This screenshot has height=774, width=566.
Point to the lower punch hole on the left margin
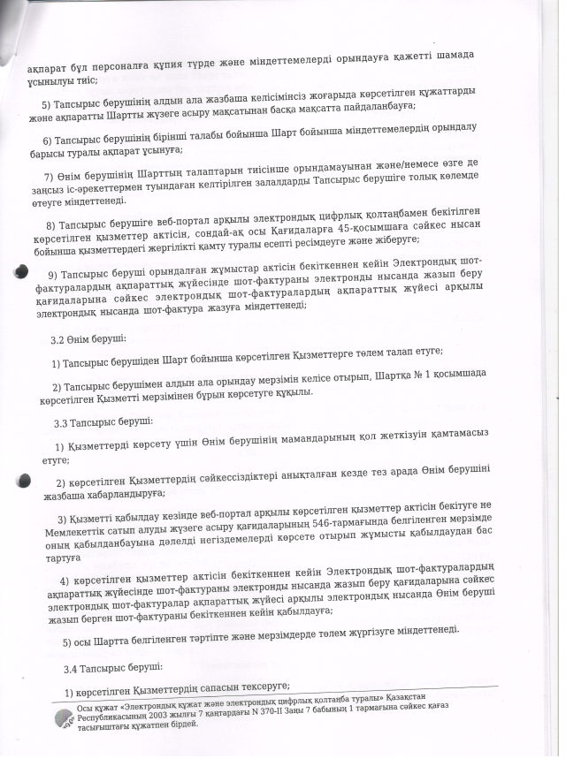tap(25, 482)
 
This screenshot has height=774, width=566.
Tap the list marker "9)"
tap(54, 272)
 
